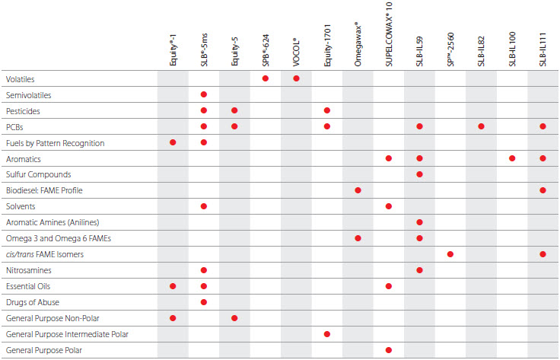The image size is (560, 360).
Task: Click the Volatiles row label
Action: (x=20, y=79)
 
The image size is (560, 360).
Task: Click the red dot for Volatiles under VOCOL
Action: (x=296, y=78)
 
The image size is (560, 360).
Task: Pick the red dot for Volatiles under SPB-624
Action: (x=266, y=78)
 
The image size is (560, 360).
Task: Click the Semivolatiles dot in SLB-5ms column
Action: (x=204, y=94)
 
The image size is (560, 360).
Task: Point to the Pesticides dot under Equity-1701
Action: (x=327, y=110)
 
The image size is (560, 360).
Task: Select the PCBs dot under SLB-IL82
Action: (x=481, y=126)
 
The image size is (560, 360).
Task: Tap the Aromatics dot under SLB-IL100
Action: (x=512, y=158)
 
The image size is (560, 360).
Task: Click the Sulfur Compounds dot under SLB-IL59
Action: (x=419, y=174)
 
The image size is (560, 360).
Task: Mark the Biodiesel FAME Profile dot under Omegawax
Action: (x=358, y=190)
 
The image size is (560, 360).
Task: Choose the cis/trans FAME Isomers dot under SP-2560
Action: (x=450, y=253)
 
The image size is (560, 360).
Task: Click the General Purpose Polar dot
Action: (x=389, y=349)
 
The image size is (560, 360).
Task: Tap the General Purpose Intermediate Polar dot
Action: (x=327, y=333)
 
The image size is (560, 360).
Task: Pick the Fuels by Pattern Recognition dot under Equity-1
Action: (x=173, y=142)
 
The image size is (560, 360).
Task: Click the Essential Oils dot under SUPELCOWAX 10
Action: (x=389, y=286)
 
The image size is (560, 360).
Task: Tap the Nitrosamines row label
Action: (x=27, y=270)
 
